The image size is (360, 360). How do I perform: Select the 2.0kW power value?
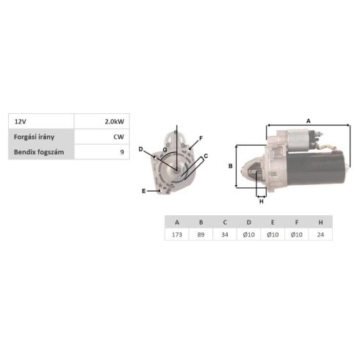click(x=115, y=121)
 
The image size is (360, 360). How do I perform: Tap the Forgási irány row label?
click(x=34, y=137)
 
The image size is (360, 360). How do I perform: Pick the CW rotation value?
click(x=119, y=137)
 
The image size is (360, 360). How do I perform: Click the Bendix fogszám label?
click(x=39, y=152)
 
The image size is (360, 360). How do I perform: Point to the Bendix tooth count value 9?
click(x=122, y=152)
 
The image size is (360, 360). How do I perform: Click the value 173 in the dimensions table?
click(x=177, y=234)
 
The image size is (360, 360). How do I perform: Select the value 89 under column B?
click(x=201, y=234)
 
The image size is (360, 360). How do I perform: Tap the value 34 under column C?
click(x=225, y=234)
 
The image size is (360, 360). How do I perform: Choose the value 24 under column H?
click(x=320, y=234)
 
